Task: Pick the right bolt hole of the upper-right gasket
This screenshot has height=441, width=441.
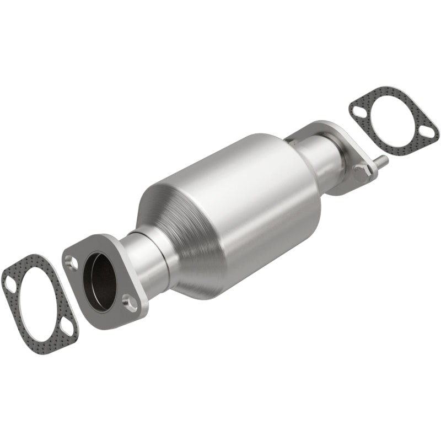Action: (428, 133)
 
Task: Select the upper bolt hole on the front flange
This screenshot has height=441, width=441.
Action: (71, 262)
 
